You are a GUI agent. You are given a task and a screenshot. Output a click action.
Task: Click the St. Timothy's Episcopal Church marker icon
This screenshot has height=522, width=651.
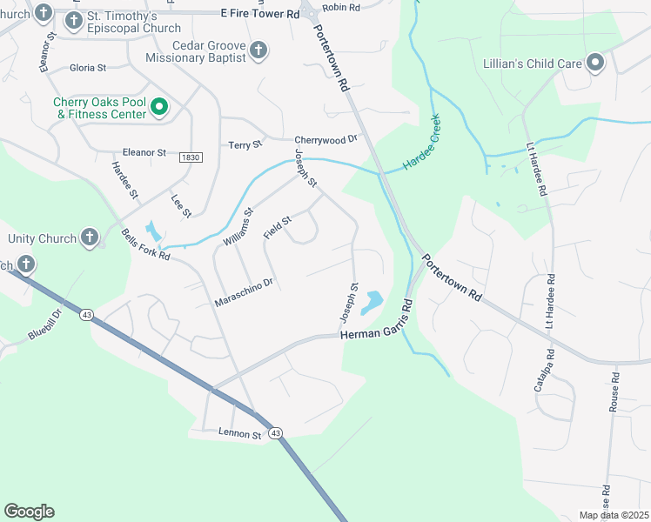click(76, 18)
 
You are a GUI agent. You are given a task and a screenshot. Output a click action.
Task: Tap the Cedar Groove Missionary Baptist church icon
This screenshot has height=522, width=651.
click(258, 51)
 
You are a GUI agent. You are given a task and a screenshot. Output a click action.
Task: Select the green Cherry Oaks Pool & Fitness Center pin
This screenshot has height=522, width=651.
click(159, 107)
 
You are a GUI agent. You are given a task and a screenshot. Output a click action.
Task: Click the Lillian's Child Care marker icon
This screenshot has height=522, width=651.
click(595, 64)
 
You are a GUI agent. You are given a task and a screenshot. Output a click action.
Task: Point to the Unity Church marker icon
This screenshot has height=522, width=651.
click(90, 238)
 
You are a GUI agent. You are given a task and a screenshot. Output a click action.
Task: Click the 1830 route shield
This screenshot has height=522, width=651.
click(190, 157)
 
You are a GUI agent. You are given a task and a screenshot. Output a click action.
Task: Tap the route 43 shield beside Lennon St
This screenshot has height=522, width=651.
click(275, 433)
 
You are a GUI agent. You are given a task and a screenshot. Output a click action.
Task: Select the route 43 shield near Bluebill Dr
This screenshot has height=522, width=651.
click(86, 314)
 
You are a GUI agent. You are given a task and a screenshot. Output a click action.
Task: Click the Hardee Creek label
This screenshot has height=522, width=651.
click(422, 144)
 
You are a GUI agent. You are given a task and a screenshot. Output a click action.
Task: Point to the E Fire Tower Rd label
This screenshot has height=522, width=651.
click(259, 15)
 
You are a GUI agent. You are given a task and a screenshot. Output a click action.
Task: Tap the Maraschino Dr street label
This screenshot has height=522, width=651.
click(244, 292)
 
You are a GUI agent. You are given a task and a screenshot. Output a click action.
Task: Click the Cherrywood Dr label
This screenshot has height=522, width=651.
click(326, 139)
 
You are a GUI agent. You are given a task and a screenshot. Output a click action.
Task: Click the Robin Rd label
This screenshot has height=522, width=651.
click(340, 7)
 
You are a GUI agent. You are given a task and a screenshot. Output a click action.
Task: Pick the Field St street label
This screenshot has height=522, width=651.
click(277, 229)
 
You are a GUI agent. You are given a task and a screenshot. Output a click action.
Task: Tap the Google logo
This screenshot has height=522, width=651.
click(29, 512)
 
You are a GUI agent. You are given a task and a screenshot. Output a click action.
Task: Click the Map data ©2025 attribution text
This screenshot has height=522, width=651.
click(613, 515)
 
